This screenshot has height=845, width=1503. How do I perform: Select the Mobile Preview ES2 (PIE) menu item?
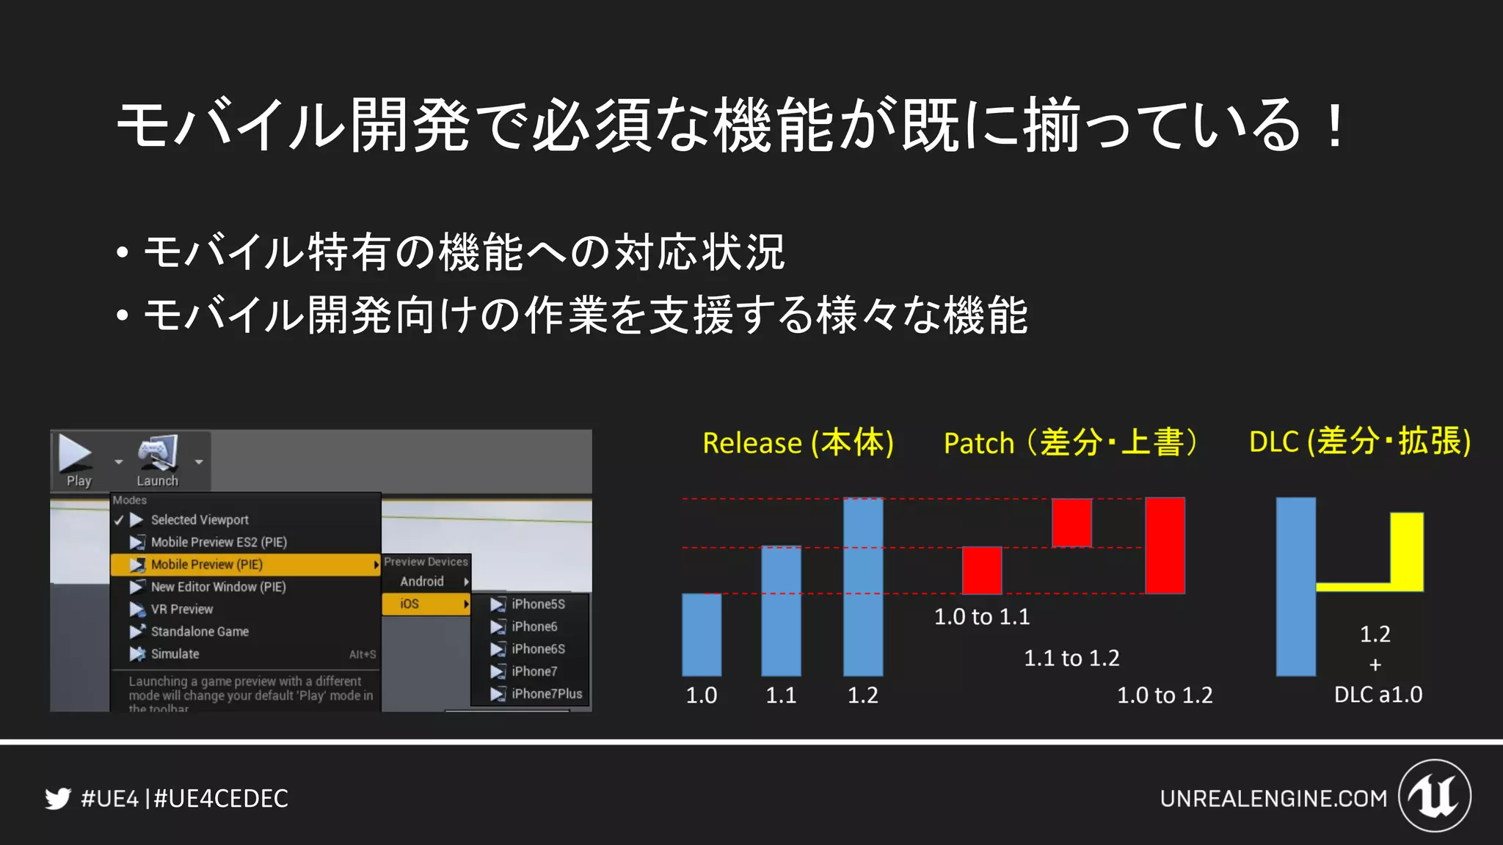pos(218,542)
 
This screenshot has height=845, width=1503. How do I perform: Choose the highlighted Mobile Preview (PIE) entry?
pos(206,565)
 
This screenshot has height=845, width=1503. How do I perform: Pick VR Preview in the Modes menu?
pos(181,610)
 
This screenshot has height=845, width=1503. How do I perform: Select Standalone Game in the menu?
pos(199,632)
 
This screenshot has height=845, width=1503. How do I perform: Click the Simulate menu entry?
pos(175,654)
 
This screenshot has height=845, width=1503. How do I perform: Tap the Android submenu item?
pos(423,582)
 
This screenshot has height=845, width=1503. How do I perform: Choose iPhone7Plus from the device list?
pos(546,694)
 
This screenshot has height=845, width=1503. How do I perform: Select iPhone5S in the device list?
pos(538,604)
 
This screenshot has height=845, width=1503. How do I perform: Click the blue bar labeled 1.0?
pos(702,634)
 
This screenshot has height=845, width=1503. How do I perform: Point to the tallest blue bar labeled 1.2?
pos(863,587)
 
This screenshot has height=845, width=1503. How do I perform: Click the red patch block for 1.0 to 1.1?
pos(982,570)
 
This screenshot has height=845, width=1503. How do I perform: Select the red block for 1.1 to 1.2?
pos(1071,522)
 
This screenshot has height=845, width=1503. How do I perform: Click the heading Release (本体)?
pos(798,443)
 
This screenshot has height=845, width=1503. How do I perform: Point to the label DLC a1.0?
pos(1378,695)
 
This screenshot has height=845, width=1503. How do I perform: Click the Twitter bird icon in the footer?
pos(58,798)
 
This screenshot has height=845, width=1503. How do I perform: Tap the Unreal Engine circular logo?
pos(1434,796)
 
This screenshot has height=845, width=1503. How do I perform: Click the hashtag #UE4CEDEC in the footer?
pos(221,798)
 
